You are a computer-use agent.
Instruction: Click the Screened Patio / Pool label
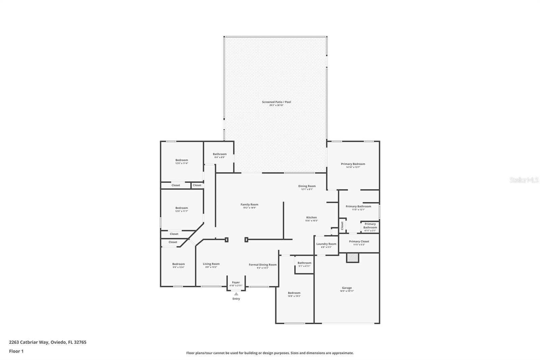(x=276, y=102)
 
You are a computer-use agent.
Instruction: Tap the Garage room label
(x=347, y=288)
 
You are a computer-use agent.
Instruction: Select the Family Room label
(x=249, y=204)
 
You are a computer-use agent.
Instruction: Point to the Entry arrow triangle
(x=236, y=294)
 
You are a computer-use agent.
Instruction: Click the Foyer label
(x=236, y=282)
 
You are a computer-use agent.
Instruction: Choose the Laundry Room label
(x=326, y=244)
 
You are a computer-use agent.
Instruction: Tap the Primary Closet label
(x=359, y=241)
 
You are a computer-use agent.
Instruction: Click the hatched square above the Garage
(x=353, y=258)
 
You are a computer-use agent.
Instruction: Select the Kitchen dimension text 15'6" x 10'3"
(x=312, y=221)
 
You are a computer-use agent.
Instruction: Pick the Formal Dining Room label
(x=263, y=265)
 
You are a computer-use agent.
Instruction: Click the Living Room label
(x=211, y=264)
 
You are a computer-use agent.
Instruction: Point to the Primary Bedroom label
(x=353, y=164)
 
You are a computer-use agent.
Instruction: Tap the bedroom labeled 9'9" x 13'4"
(x=179, y=265)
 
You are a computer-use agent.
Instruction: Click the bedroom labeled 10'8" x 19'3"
(x=294, y=294)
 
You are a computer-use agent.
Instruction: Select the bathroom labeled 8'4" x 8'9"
(x=220, y=155)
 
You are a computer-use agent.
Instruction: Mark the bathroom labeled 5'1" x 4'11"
(x=304, y=264)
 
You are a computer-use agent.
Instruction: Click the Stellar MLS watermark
(x=524, y=180)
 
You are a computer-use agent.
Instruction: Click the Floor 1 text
(x=16, y=351)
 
